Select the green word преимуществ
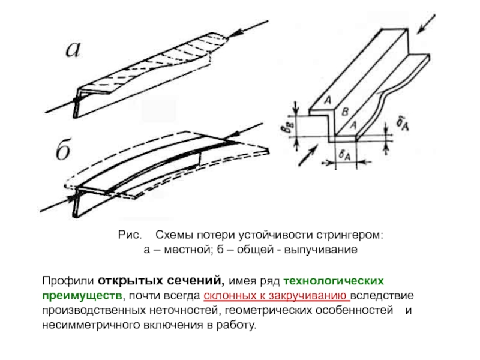click(x=81, y=296)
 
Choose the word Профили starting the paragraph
click(x=67, y=281)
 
